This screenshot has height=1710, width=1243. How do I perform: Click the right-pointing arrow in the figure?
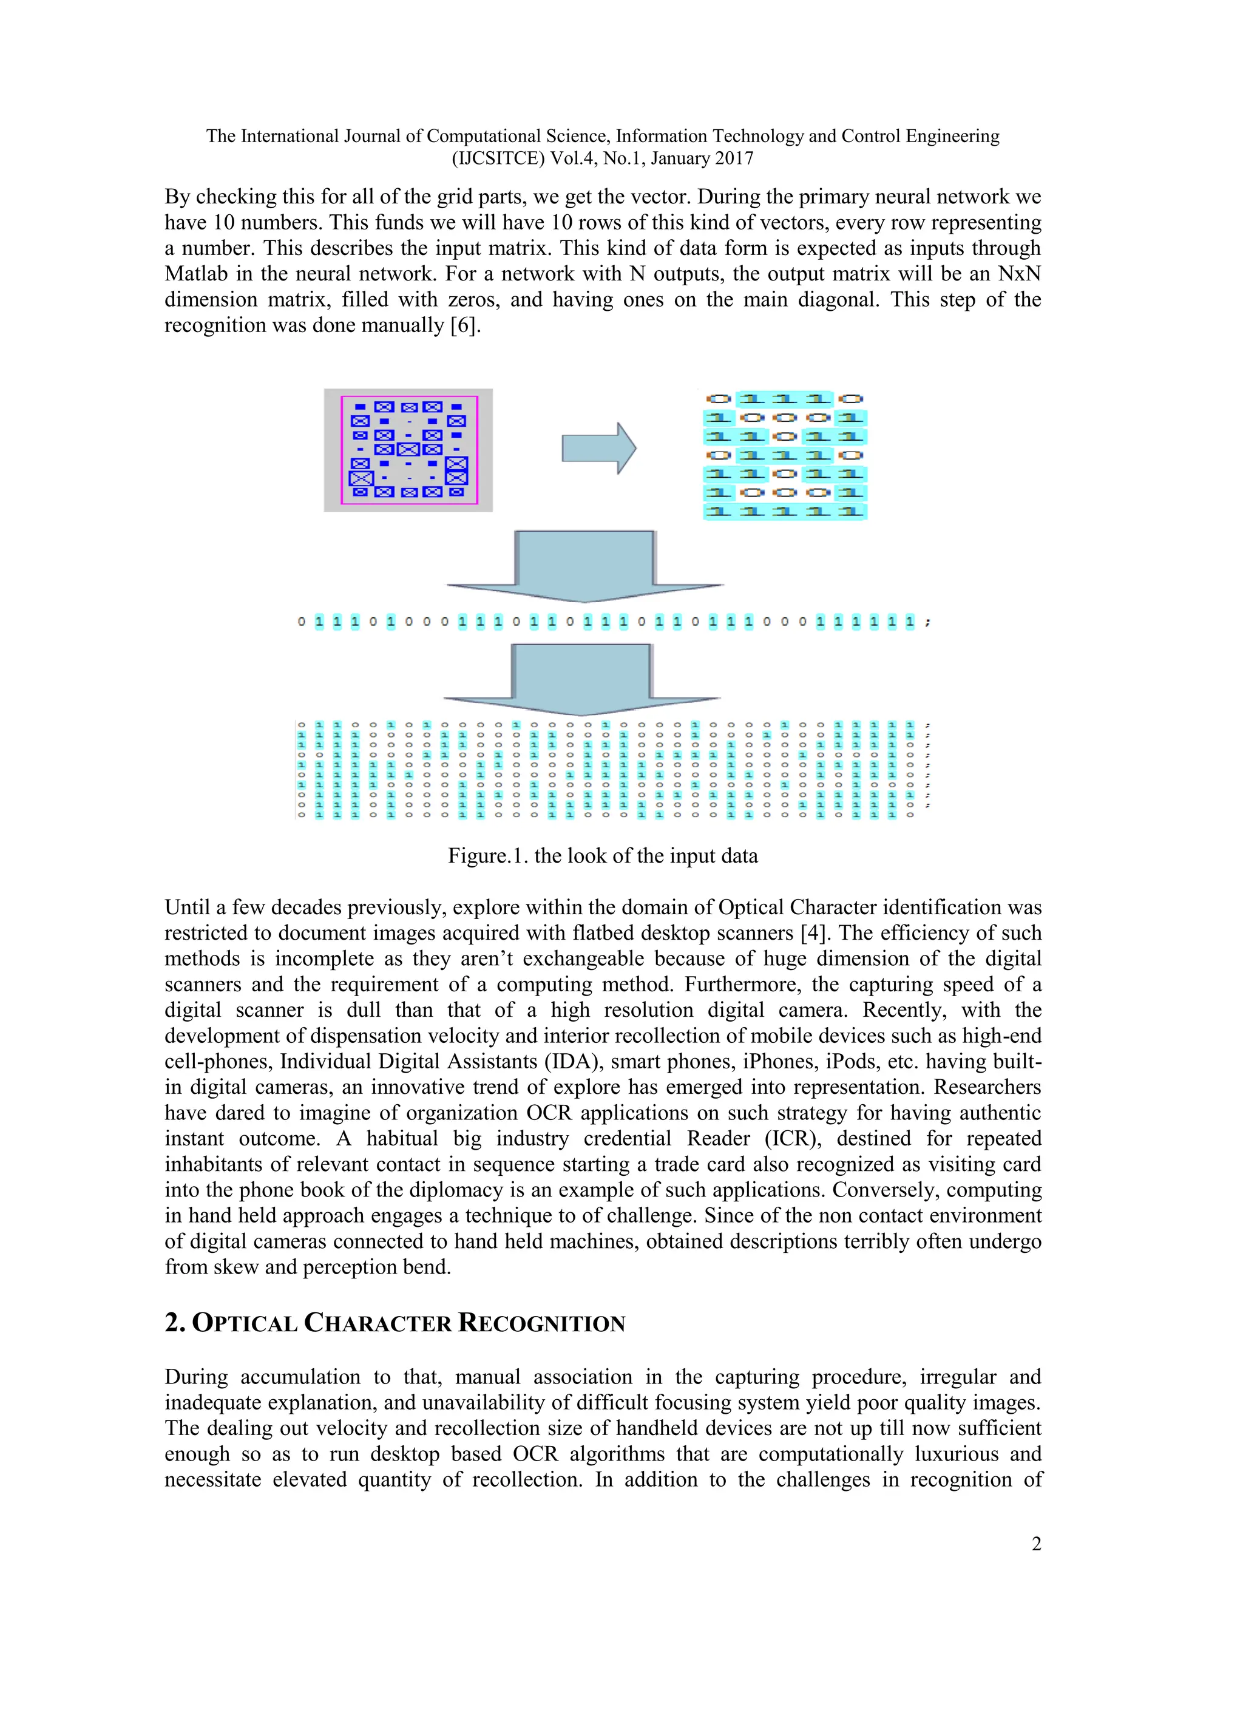pos(598,449)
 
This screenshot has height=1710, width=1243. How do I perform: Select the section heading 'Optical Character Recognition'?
pos(395,1324)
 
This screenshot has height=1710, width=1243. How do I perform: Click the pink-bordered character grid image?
pos(408,450)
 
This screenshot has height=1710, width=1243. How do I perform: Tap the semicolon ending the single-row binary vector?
pos(928,622)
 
